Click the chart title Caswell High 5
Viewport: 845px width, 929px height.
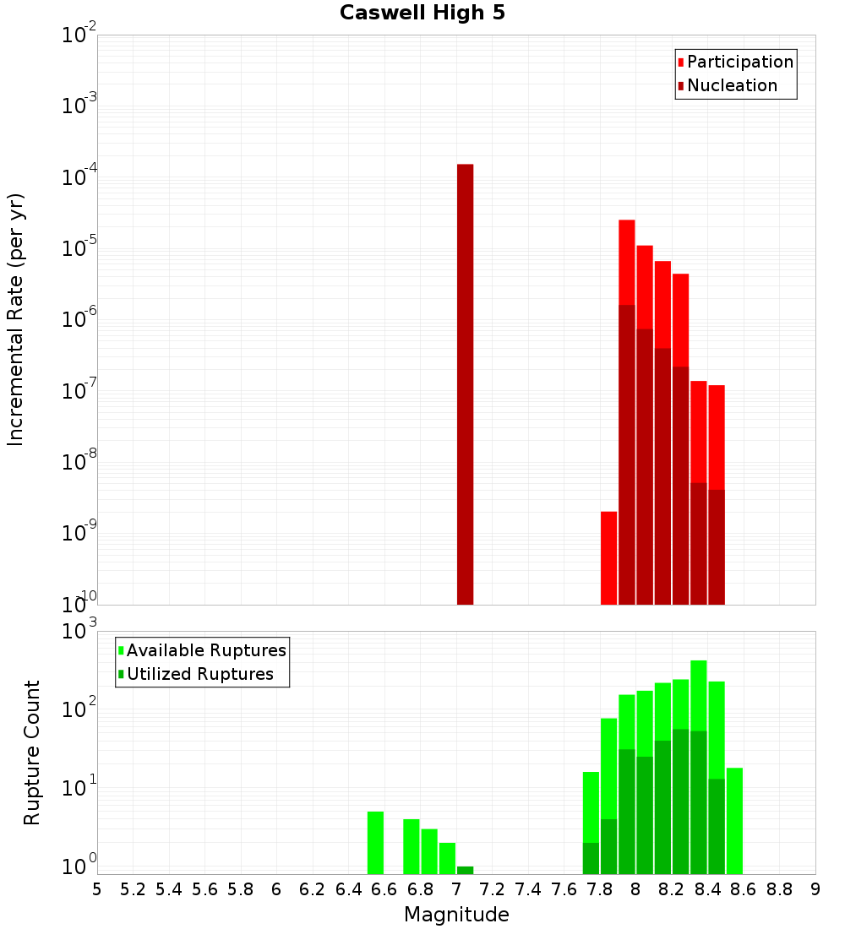(x=422, y=14)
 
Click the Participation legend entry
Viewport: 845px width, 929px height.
(x=740, y=62)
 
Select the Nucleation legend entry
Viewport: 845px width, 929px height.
(x=732, y=85)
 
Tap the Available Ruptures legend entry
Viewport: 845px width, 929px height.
(x=206, y=650)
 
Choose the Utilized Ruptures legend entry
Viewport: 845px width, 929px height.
(x=199, y=674)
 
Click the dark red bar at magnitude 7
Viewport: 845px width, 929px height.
(x=465, y=384)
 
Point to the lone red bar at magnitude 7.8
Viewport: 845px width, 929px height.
(x=608, y=557)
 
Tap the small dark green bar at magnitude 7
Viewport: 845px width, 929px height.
(x=465, y=870)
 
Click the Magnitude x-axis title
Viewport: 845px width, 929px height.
(x=456, y=915)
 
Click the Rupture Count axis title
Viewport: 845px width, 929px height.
(x=32, y=752)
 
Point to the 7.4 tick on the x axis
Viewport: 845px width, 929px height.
(x=528, y=889)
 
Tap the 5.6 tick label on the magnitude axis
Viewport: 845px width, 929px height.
(x=204, y=889)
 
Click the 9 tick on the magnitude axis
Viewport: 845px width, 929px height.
(x=815, y=889)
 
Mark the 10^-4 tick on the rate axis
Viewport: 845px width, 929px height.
(x=79, y=178)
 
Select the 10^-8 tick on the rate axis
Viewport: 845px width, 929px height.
(x=79, y=463)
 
